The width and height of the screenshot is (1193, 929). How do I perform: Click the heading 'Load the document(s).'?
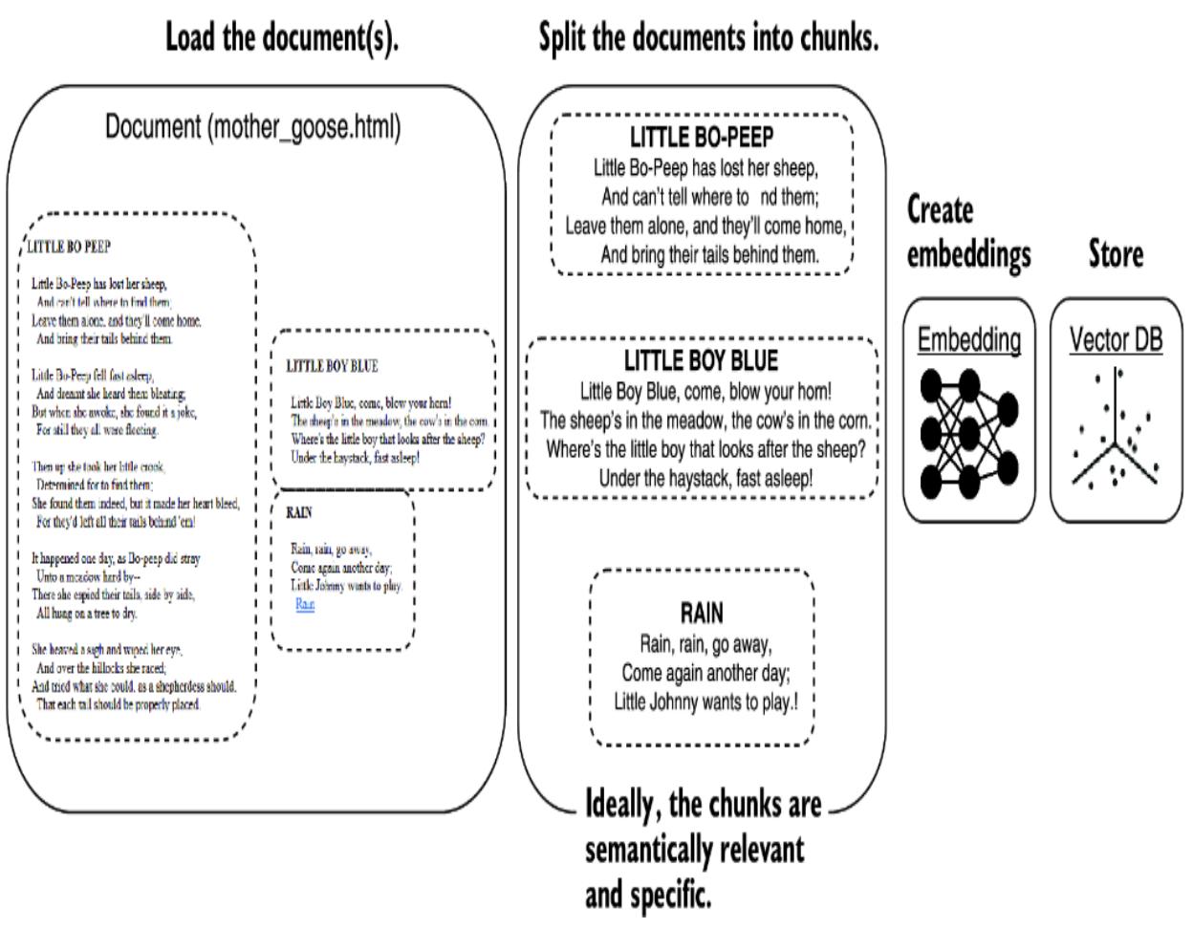(281, 38)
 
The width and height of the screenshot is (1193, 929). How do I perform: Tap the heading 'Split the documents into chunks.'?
(708, 38)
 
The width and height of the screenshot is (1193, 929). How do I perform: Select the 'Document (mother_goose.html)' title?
(253, 127)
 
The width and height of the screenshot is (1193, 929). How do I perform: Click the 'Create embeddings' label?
(968, 232)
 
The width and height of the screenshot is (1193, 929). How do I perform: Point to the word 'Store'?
(1116, 254)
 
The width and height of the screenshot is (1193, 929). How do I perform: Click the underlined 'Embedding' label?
(968, 339)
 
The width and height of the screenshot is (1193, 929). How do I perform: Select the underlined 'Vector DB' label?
(1116, 339)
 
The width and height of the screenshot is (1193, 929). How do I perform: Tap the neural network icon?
(968, 434)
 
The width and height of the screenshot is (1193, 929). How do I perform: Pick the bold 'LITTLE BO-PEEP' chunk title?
(702, 138)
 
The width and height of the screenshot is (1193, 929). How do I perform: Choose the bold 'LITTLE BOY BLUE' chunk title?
(702, 361)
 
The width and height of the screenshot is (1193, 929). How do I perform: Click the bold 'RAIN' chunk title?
(702, 613)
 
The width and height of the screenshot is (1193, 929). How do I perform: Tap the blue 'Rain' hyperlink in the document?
(305, 604)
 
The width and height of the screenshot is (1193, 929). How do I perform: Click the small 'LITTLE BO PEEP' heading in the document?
(69, 247)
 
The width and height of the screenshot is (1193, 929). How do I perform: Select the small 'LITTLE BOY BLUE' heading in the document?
(332, 366)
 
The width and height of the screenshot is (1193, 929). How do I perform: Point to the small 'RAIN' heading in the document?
(298, 513)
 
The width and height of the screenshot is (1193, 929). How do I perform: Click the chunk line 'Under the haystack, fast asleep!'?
(705, 478)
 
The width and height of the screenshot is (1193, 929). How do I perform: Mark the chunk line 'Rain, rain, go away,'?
(705, 644)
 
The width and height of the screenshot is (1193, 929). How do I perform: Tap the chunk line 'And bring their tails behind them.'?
(709, 255)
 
